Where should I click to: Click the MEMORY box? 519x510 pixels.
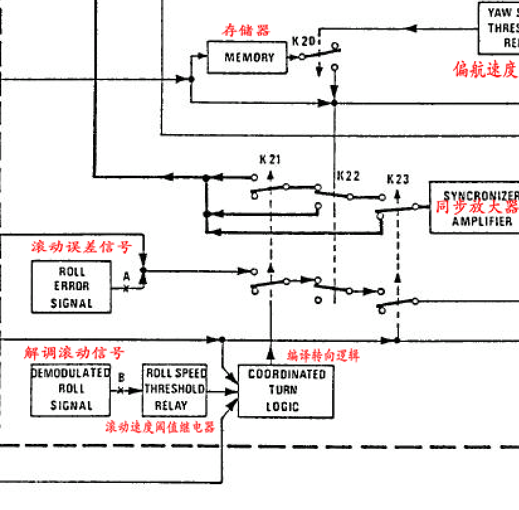249,57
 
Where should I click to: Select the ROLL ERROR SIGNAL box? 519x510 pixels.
72,287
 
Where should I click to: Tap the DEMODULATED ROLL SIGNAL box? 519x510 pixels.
71,390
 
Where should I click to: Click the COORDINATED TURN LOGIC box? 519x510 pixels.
286,390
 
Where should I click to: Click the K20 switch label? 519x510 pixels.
303,41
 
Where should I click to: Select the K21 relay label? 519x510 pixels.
269,159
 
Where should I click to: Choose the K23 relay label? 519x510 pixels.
398,179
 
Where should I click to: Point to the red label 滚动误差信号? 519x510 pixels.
82,246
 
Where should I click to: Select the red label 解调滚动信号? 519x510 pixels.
74,353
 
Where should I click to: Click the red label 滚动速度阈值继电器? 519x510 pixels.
160,427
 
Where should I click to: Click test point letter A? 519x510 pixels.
126,276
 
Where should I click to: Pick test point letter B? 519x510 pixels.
121,377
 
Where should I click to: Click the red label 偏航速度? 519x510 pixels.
486,69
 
